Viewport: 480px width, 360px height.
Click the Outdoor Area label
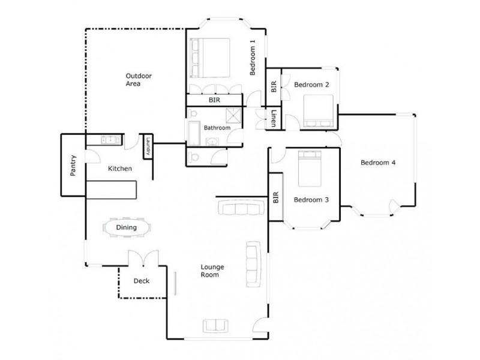pyautogui.click(x=138, y=80)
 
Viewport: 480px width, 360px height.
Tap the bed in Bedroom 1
pyautogui.click(x=210, y=58)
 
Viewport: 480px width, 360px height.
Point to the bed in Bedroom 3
pyautogui.click(x=311, y=169)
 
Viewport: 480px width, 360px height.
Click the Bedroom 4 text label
pyautogui.click(x=377, y=163)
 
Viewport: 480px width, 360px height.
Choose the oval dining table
pyautogui.click(x=127, y=227)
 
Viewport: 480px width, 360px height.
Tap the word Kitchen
pyautogui.click(x=119, y=169)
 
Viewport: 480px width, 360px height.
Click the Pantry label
pyautogui.click(x=73, y=166)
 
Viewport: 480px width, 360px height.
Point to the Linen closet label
pyautogui.click(x=274, y=118)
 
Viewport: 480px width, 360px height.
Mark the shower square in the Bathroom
pyautogui.click(x=233, y=116)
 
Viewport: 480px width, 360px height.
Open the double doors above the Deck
pyautogui.click(x=143, y=259)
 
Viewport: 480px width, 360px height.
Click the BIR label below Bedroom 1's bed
pyautogui.click(x=214, y=101)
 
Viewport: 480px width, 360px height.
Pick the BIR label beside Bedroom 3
pyautogui.click(x=275, y=197)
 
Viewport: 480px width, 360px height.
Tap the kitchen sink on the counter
pyautogui.click(x=109, y=140)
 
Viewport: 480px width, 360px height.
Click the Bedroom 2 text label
pyautogui.click(x=311, y=85)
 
